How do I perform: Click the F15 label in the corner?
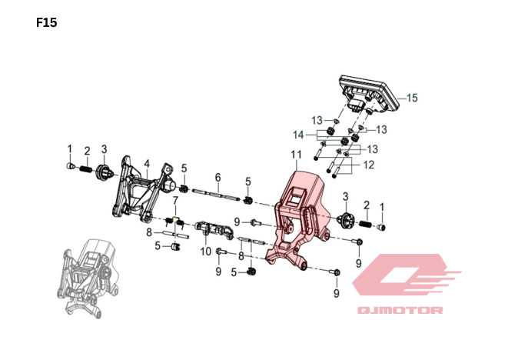point(47,23)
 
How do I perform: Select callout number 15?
point(412,98)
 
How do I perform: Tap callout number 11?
point(296,156)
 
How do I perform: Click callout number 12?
point(368,165)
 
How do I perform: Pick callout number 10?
point(205,251)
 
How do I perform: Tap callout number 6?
point(217,178)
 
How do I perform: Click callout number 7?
point(175,202)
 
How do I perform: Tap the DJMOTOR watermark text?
point(400,310)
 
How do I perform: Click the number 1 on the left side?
point(69,148)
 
